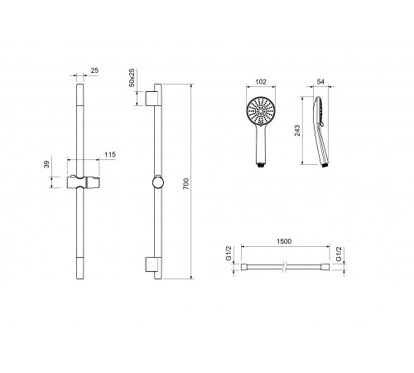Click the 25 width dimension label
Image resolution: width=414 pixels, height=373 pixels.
tap(94, 70)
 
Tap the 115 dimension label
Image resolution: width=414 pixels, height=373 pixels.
tap(110, 155)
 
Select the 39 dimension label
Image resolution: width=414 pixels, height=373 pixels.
tap(47, 164)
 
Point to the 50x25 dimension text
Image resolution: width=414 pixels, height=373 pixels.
tap(132, 78)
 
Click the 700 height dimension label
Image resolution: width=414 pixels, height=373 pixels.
tap(186, 184)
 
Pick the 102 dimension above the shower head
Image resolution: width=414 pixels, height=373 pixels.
tap(261, 82)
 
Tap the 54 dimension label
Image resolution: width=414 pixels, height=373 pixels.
tap(320, 82)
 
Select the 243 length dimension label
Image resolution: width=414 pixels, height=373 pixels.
tap(297, 131)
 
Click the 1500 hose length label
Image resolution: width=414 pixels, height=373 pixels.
tap(284, 241)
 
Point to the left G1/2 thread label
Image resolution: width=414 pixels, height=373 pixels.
tap(229, 254)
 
